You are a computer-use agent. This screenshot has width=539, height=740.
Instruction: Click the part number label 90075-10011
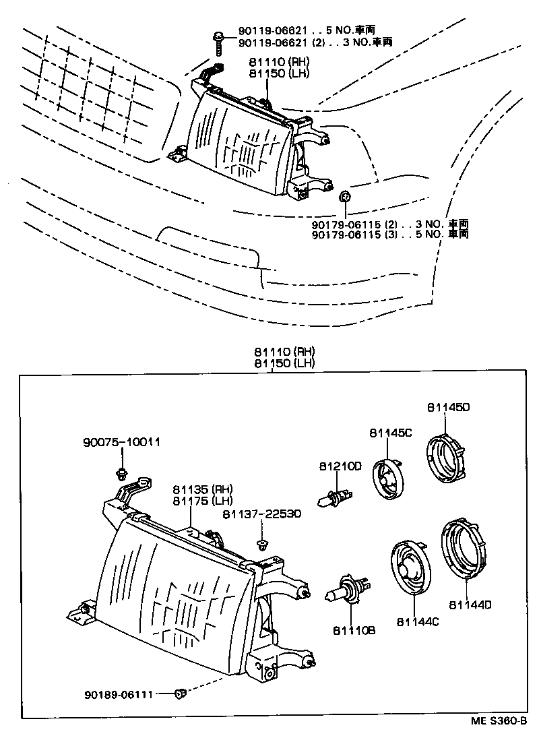pyautogui.click(x=121, y=443)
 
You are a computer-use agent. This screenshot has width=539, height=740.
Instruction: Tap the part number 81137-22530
pyautogui.click(x=261, y=514)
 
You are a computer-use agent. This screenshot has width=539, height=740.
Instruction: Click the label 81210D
pyautogui.click(x=340, y=466)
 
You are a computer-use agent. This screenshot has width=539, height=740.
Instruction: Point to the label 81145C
pyautogui.click(x=390, y=433)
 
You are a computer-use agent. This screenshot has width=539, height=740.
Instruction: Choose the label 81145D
pyautogui.click(x=447, y=407)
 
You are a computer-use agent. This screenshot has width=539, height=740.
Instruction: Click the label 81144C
pyautogui.click(x=417, y=621)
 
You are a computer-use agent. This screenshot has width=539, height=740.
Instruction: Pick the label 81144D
pyautogui.click(x=470, y=605)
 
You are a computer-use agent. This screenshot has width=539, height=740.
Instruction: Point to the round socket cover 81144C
pyautogui.click(x=409, y=569)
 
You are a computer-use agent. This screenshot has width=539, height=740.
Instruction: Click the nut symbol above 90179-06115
pyautogui.click(x=344, y=197)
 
